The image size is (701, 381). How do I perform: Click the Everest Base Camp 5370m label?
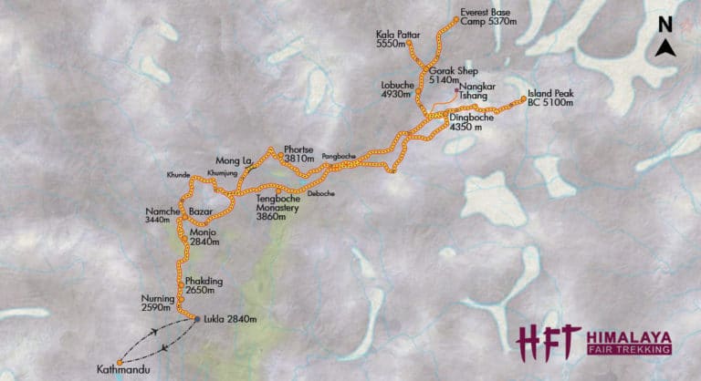point(487,17)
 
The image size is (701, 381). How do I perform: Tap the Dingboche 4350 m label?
point(473,123)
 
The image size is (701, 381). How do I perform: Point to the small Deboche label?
point(320,193)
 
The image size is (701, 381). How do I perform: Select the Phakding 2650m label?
point(204,284)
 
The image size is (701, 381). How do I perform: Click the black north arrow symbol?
point(668,51)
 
